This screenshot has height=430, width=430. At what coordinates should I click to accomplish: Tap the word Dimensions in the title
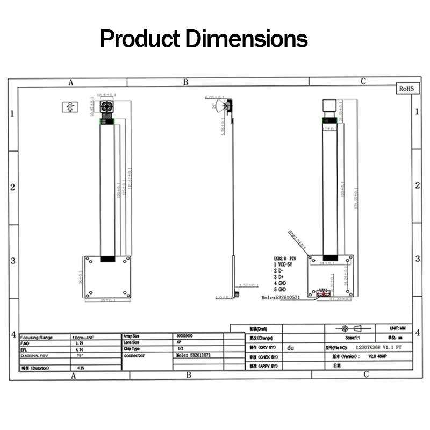click(247, 39)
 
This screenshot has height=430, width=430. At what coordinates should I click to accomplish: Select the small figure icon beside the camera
click(69, 106)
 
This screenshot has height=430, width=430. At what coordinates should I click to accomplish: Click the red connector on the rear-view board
click(322, 294)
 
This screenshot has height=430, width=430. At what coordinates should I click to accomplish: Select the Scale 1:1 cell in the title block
click(353, 338)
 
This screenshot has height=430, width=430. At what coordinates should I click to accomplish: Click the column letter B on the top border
click(185, 82)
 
